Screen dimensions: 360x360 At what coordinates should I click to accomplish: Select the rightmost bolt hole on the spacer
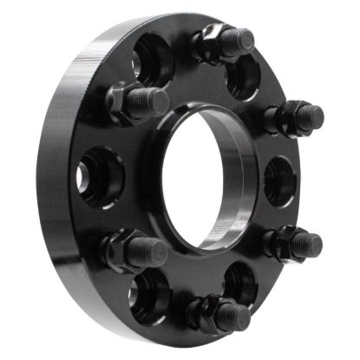[x=278, y=180]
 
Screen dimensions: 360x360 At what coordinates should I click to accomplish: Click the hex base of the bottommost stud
[x=203, y=310]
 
